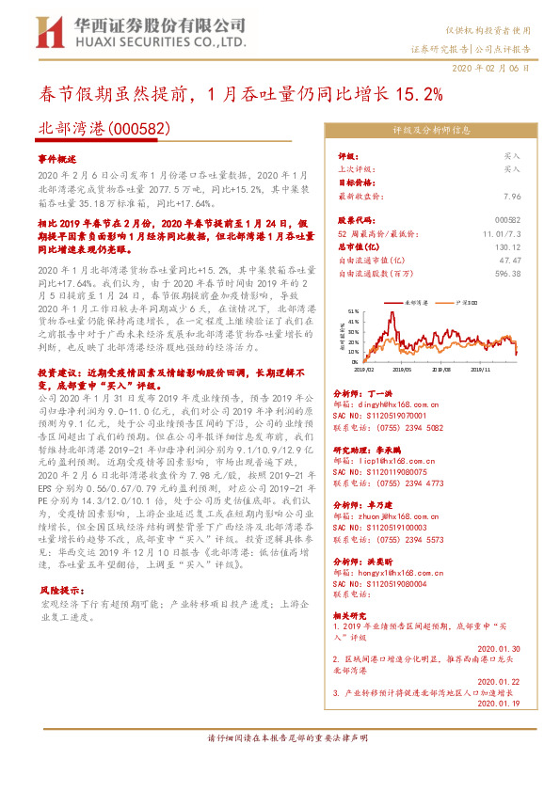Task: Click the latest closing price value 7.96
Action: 511,197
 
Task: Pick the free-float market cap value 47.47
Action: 509,260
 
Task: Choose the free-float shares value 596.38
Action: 506,274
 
